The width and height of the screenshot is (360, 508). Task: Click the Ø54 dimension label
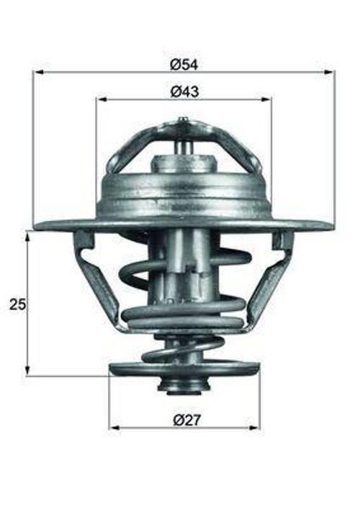pos(184,64)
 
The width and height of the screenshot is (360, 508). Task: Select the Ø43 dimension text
pos(184,91)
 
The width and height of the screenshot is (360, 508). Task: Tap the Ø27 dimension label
pos(184,419)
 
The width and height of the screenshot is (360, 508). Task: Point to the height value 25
pos(17,304)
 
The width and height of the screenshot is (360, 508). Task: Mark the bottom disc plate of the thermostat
pos(184,370)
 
